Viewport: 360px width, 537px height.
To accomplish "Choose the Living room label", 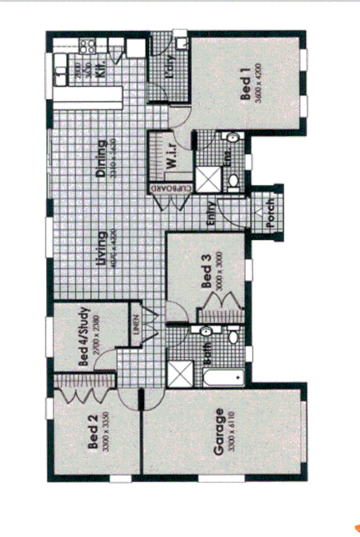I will pos(103,249).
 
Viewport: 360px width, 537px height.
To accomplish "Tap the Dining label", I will pos(101,159).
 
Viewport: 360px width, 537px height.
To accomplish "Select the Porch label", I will pos(270,215).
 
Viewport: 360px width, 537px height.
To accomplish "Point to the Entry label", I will pos(213,215).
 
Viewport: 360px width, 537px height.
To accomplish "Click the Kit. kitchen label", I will pos(101,69).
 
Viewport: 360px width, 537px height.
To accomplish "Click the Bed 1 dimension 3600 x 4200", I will pos(257,84).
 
